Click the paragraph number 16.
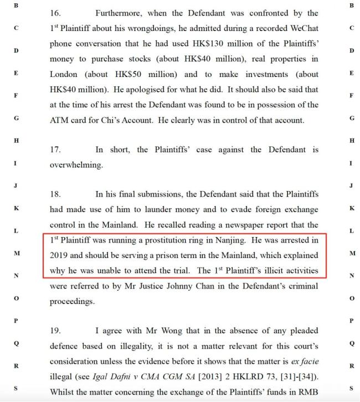[x=56, y=13]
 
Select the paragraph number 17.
[x=56, y=150]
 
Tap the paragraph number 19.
[x=56, y=331]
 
